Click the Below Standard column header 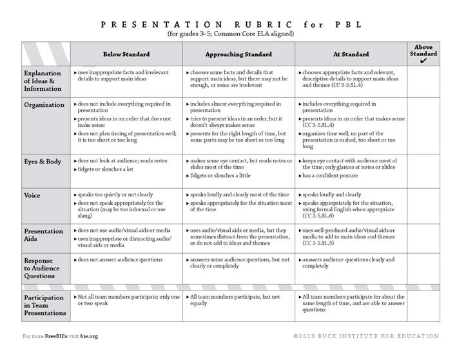(126, 54)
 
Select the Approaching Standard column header (238, 54)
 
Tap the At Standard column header (351, 54)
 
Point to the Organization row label (44, 104)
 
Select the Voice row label (33, 194)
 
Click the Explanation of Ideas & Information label (44, 81)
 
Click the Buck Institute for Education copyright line (365, 336)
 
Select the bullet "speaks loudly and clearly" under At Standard (340, 194)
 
